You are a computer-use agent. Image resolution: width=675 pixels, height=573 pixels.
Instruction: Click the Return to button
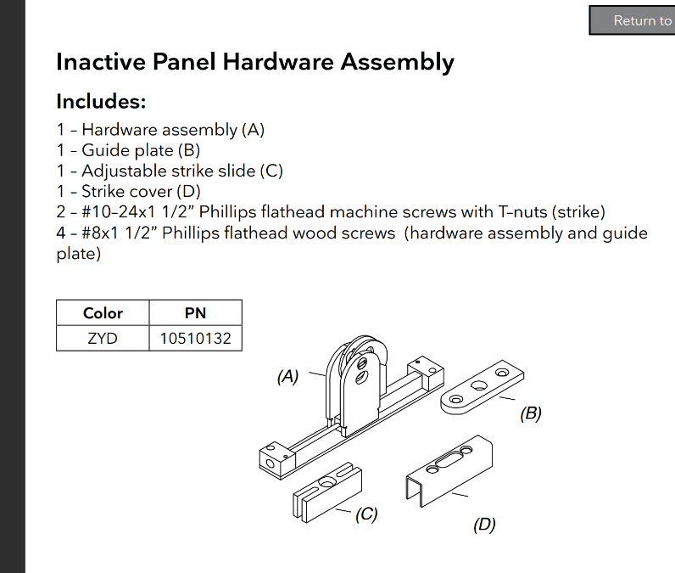(x=636, y=20)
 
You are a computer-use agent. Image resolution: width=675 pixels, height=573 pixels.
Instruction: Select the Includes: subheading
(x=101, y=102)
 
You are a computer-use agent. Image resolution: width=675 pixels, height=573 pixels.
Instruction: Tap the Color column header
(x=103, y=313)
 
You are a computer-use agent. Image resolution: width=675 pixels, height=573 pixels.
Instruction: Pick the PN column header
(x=195, y=313)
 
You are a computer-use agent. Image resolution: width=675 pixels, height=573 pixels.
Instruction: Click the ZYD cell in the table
(x=103, y=339)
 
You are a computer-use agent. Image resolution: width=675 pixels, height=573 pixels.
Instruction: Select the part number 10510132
(x=195, y=339)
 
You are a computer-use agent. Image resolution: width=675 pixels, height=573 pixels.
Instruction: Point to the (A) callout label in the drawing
(x=288, y=376)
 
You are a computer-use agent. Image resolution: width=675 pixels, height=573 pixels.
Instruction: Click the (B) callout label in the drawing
(x=530, y=413)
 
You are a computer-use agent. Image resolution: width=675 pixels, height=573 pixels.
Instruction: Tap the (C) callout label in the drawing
(x=365, y=514)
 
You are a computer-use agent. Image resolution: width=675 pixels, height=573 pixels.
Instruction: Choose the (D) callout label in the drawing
(x=483, y=525)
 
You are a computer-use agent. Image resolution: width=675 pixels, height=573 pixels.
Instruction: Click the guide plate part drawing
(x=482, y=387)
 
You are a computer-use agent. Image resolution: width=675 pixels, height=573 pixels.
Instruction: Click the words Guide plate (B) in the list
(x=141, y=150)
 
